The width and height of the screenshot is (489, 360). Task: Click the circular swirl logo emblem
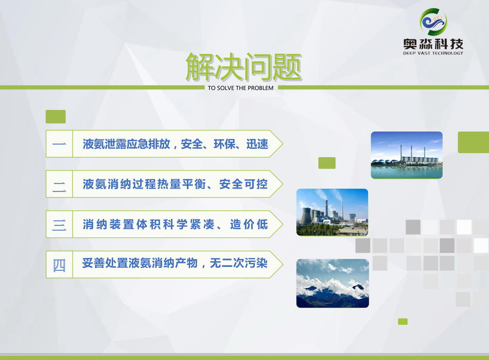point(433,22)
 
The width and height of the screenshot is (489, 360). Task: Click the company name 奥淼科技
point(433,44)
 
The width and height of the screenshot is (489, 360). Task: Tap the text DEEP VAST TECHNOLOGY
point(433,54)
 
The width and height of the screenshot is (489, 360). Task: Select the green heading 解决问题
point(243,67)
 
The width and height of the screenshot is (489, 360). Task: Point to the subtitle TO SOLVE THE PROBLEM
point(241,88)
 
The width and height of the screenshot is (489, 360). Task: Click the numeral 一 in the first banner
point(59,144)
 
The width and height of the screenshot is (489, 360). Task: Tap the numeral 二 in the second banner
point(59,187)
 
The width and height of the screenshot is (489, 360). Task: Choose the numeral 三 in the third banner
point(59,225)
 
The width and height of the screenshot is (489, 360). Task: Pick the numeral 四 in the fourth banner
point(59,265)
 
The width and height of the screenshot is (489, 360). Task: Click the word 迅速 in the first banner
point(257,144)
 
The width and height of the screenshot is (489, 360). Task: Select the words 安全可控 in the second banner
point(243,184)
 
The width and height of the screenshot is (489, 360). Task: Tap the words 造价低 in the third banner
point(249,225)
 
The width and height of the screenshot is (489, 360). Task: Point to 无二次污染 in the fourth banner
point(238,263)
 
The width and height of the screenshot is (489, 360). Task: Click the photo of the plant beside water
point(407,155)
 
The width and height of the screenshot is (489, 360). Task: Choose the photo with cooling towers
point(332,212)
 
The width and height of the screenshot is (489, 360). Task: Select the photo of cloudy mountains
point(333,283)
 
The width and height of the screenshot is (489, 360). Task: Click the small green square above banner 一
point(56,117)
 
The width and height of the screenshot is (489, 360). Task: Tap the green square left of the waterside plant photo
point(327,163)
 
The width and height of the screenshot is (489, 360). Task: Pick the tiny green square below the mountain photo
point(403,321)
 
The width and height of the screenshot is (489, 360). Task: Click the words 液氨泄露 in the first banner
point(107,144)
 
